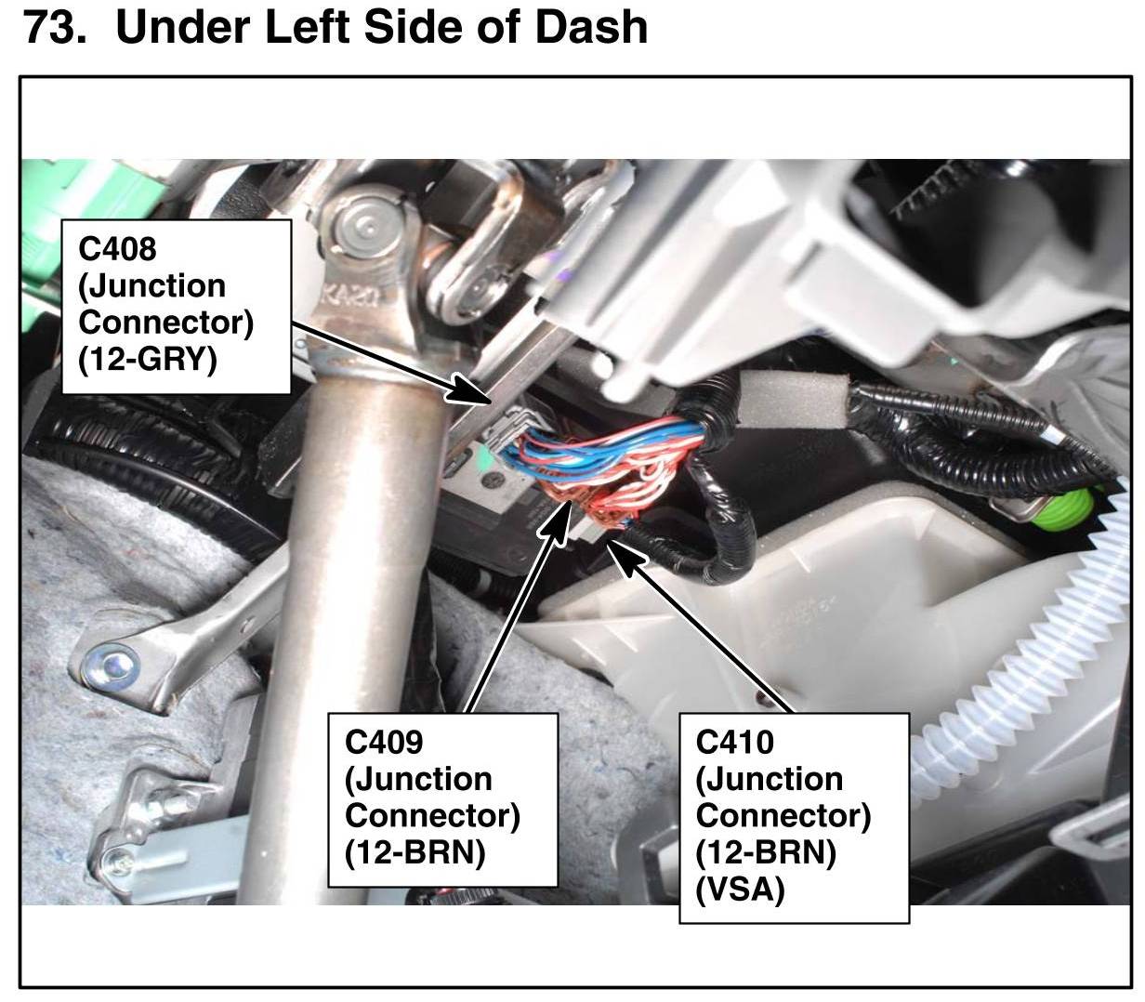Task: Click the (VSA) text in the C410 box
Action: coord(741,890)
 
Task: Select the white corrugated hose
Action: coord(1022,651)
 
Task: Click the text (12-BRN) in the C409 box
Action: coord(415,852)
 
